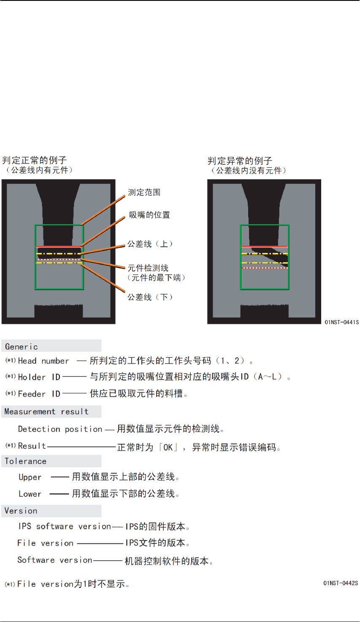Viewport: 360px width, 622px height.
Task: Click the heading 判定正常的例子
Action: pos(34,160)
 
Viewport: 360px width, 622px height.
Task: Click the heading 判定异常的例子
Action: pos(240,161)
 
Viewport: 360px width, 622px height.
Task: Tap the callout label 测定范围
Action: pos(144,193)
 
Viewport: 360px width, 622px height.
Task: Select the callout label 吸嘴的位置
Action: pos(149,215)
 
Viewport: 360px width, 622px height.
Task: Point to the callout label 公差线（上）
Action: pos(150,244)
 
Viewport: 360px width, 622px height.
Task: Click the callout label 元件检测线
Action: pos(148,268)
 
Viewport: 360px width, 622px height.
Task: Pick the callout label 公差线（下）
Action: pos(150,297)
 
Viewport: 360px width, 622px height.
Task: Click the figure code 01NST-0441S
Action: pos(341,322)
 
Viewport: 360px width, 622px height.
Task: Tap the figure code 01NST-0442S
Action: pos(341,583)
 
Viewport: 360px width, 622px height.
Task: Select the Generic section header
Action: pos(22,347)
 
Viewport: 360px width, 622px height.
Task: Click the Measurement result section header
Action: pos(46,412)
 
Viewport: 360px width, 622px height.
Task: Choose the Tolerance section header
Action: pos(25,461)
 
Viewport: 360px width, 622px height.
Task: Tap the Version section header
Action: pos(21,511)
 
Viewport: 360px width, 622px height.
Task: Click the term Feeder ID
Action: pos(39,394)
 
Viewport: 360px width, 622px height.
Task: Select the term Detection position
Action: pos(60,429)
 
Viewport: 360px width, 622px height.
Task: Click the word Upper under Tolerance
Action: pos(30,478)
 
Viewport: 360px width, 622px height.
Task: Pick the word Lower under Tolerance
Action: pos(30,494)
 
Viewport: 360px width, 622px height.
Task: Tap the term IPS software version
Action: pos(65,527)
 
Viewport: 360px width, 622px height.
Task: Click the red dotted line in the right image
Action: pos(265,268)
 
